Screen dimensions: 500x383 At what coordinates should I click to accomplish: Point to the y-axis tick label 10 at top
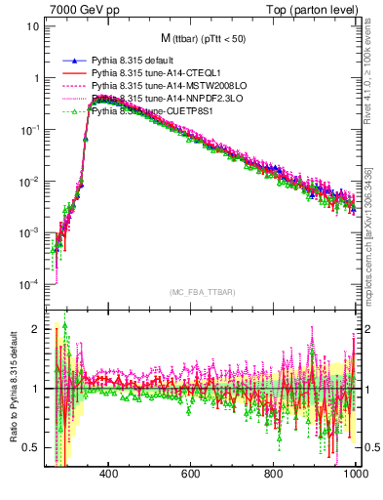[x=33, y=25]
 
